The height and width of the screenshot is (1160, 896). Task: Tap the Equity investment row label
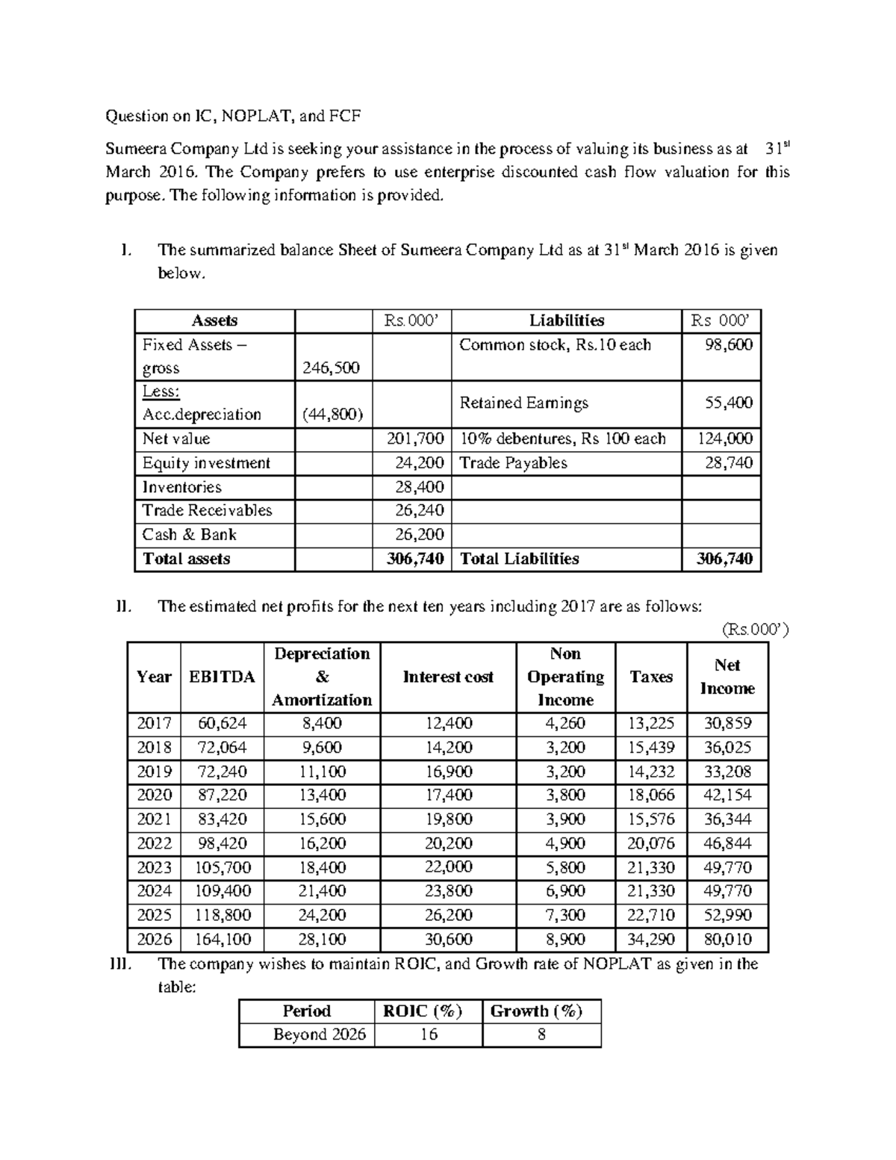point(206,463)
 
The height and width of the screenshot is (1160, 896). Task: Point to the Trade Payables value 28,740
point(729,463)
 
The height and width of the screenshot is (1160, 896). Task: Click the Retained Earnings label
point(523,403)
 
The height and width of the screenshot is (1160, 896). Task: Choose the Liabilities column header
point(567,320)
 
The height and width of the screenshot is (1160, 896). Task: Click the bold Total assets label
point(187,559)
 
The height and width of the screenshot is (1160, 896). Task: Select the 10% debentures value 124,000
point(724,438)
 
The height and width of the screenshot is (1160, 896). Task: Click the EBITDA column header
point(222,677)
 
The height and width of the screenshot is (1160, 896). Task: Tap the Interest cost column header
point(448,677)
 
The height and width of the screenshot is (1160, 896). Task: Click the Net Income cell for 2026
point(727,939)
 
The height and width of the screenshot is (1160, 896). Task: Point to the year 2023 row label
point(154,867)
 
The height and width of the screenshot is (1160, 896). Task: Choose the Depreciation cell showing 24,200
point(322,915)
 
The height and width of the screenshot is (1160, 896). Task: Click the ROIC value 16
point(429,1035)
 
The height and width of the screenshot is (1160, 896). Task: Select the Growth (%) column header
point(535,1011)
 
